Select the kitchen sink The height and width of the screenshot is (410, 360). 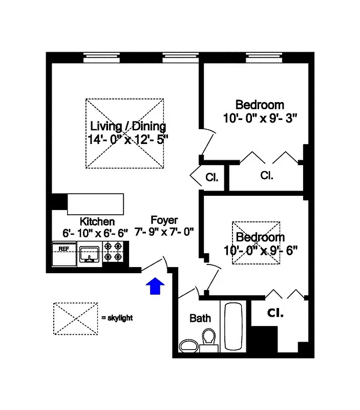90,254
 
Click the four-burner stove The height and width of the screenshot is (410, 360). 113,254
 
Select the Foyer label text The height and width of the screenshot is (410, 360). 164,220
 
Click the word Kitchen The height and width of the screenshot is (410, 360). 97,221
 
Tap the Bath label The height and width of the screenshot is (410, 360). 200,318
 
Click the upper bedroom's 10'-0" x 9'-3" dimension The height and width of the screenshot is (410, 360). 260,117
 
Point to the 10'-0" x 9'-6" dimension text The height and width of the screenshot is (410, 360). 260,250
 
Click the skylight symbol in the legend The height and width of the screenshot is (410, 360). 75,318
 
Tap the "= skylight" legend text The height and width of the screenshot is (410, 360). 117,318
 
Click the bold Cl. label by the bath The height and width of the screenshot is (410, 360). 276,313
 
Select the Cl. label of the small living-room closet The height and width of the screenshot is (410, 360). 211,178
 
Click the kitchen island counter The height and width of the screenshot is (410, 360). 95,204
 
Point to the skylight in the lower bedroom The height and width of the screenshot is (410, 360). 256,242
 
